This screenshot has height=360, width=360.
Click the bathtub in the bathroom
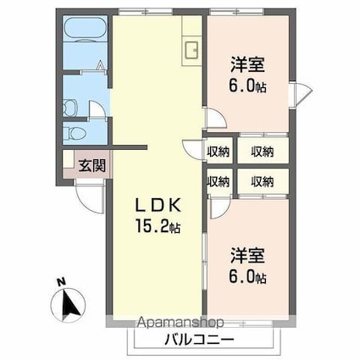pos(85,27)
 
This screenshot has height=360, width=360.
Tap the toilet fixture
pos(74,133)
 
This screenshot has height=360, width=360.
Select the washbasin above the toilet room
pos(69,108)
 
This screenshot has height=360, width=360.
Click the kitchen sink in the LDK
pos(191,50)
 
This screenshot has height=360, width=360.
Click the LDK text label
pos(158,206)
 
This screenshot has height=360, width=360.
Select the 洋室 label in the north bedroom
pos(247,64)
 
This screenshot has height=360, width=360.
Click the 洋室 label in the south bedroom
pos(247,256)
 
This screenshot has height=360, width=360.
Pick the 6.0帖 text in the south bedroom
pos(247,276)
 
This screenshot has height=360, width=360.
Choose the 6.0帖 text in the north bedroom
pos(247,86)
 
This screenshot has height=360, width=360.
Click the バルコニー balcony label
pos(199,339)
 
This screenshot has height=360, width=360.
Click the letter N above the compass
pos(61,282)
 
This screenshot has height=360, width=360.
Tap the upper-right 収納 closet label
pos(263,152)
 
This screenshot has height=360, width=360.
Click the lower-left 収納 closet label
pos(218,181)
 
